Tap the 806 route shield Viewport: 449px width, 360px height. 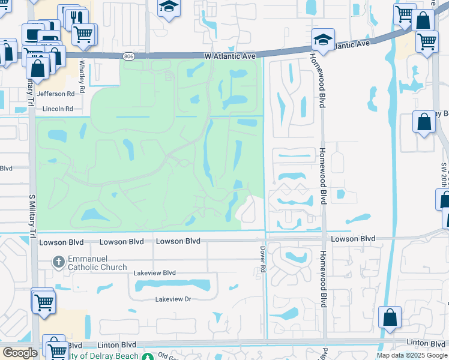[x=130, y=56]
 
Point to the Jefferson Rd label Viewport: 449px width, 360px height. [x=55, y=94]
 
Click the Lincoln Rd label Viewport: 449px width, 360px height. [x=57, y=109]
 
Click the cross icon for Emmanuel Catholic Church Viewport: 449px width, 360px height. [x=58, y=262]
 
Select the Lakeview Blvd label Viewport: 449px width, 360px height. [x=155, y=273]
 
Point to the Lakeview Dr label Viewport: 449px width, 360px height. [x=173, y=299]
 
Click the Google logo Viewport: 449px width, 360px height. [x=20, y=353]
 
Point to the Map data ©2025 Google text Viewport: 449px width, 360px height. [x=412, y=355]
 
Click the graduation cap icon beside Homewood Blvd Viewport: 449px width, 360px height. [x=323, y=40]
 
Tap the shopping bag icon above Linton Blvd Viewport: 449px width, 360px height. [x=390, y=317]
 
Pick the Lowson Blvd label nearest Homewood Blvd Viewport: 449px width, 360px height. [x=353, y=239]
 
